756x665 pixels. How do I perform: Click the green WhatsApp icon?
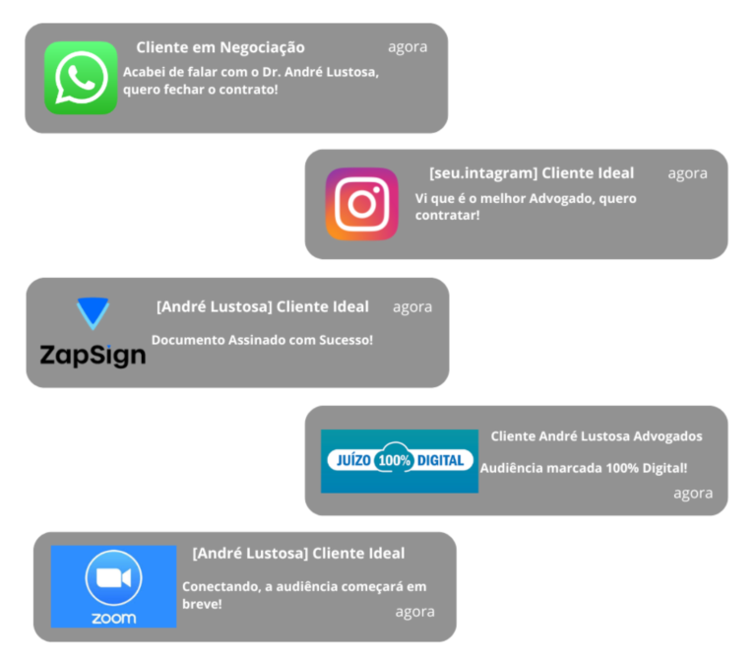tap(81, 79)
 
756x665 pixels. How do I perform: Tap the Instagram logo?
tap(362, 204)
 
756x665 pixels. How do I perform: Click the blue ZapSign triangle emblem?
tap(94, 314)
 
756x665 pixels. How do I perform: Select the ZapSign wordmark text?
tap(93, 354)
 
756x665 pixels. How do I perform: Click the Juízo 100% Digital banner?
tap(399, 460)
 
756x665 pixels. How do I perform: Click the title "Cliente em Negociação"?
tap(220, 47)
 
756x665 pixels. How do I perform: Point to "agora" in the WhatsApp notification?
tap(408, 46)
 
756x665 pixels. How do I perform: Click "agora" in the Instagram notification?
tap(687, 172)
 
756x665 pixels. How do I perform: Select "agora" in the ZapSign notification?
tap(411, 306)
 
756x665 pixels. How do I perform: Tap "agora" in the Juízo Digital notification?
tap(693, 493)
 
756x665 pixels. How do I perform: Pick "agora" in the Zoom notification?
tap(414, 611)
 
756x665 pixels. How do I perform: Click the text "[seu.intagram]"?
tap(483, 172)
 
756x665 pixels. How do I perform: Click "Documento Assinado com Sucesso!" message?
tap(262, 340)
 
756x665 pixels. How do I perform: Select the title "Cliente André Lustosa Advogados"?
tap(597, 435)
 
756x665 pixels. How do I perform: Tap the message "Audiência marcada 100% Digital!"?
tap(584, 468)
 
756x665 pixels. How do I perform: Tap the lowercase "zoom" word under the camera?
tap(113, 619)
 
